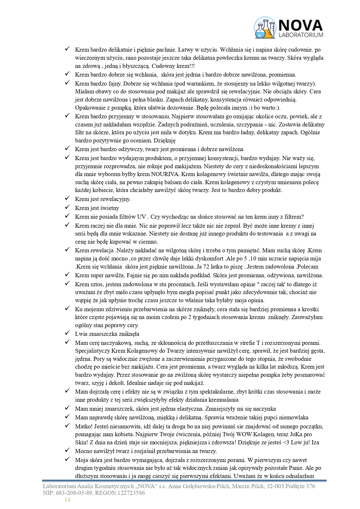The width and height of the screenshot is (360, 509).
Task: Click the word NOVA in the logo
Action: coord(301,25)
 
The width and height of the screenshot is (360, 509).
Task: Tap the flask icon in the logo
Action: coord(265,28)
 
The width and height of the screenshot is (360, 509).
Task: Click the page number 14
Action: coord(67,500)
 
